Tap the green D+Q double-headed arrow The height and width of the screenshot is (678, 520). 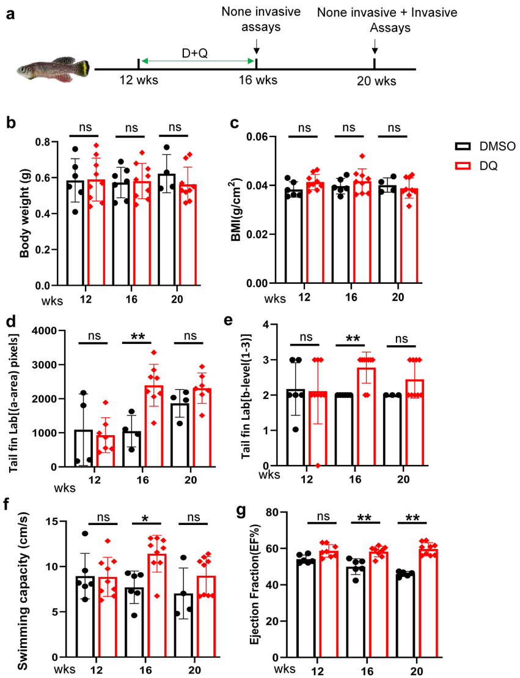[197, 60]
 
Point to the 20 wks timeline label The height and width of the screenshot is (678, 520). [378, 81]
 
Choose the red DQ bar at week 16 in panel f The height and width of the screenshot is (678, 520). [158, 606]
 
